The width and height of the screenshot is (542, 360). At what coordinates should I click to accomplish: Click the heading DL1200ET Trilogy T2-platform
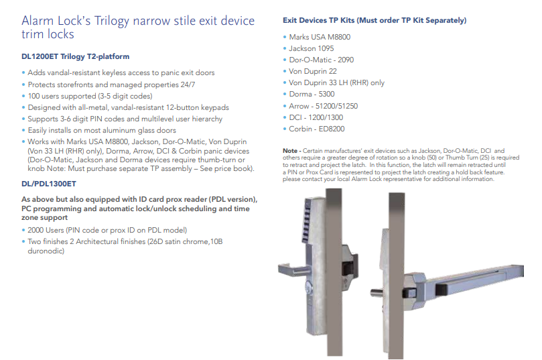tap(75, 56)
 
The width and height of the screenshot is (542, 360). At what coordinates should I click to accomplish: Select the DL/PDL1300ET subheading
tap(49, 184)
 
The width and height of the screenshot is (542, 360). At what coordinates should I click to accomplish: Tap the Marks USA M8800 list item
tap(320, 37)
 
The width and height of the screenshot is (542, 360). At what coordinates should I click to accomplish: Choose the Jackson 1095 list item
tap(312, 48)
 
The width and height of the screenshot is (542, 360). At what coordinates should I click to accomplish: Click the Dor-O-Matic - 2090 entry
tap(322, 60)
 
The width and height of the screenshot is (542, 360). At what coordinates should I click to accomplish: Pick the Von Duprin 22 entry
tap(313, 71)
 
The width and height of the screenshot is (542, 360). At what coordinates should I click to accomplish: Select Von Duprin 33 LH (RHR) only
tap(337, 82)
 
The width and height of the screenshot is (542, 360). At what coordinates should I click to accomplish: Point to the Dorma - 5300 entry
tap(312, 94)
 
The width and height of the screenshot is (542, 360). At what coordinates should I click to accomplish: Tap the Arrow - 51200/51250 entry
tap(323, 106)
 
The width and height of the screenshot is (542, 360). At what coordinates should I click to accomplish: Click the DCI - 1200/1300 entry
tap(316, 117)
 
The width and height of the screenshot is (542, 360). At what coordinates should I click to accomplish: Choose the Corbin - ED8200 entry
tap(317, 129)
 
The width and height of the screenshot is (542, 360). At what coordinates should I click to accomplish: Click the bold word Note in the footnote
tap(290, 151)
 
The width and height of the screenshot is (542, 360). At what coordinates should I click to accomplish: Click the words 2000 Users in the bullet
tap(46, 231)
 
